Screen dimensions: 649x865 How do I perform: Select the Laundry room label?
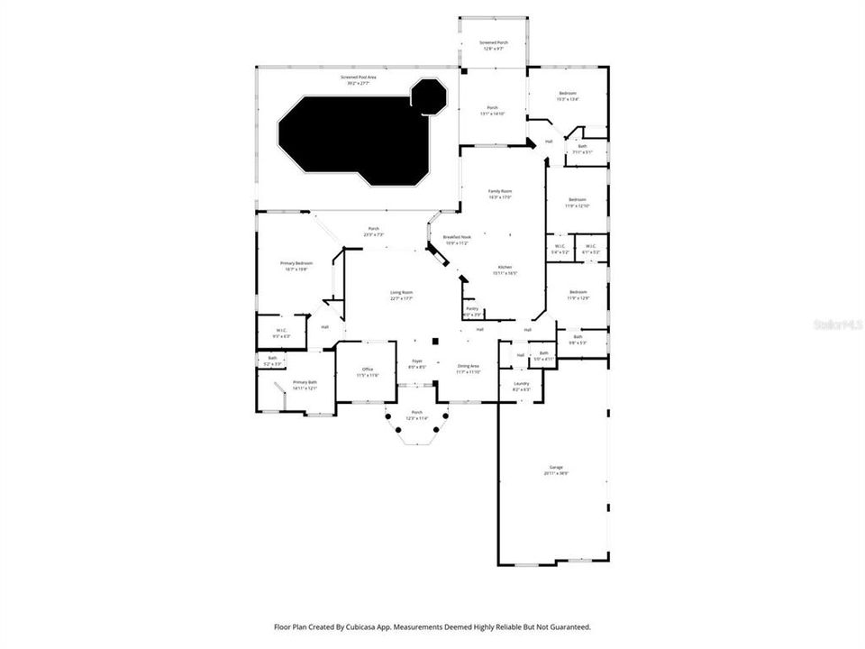(x=521, y=386)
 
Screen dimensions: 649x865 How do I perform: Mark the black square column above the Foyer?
(x=435, y=342)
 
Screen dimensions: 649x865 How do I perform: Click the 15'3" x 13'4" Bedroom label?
(x=567, y=96)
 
